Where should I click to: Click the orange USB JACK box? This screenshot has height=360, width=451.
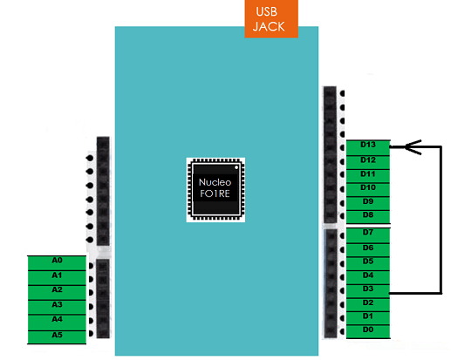tap(271, 19)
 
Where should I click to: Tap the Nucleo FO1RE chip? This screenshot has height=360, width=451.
tap(215, 190)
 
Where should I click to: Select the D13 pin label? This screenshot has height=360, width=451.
tap(368, 147)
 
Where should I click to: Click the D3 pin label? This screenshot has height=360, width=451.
tap(368, 291)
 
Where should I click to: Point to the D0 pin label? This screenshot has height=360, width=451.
tap(368, 331)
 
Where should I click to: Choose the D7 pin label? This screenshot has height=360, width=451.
tap(368, 235)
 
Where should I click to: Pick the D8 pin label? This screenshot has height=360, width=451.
tap(368, 217)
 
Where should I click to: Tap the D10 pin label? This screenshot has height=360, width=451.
tap(368, 190)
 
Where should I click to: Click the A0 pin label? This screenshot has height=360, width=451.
tap(57, 263)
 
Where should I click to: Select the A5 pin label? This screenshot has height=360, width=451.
tap(57, 337)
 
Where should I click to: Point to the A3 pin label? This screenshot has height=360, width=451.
tap(57, 307)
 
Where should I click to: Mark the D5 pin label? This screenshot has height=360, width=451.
tap(368, 264)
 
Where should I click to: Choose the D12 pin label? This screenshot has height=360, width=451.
tap(368, 162)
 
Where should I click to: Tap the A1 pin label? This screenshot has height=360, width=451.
tap(57, 278)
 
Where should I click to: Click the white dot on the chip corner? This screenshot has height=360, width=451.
tap(236, 167)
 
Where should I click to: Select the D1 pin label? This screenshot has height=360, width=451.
tap(368, 318)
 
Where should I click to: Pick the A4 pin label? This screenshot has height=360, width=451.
tap(57, 323)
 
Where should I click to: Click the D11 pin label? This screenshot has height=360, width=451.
tap(368, 176)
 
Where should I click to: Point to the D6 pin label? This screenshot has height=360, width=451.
tap(368, 250)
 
